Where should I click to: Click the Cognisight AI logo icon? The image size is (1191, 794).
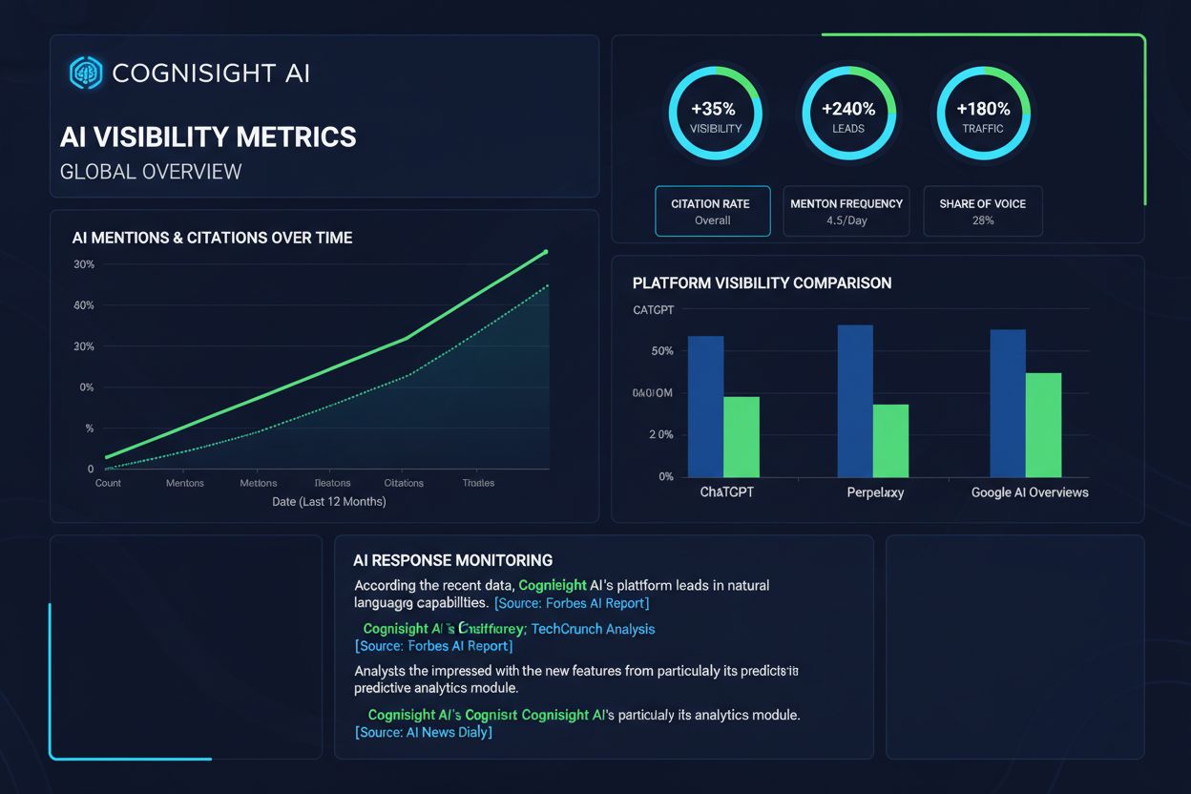pyautogui.click(x=85, y=73)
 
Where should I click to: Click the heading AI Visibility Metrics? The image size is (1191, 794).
pyautogui.click(x=208, y=136)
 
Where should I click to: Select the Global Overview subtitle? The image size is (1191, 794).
pyautogui.click(x=151, y=172)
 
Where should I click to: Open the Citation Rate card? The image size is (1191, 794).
pyautogui.click(x=712, y=211)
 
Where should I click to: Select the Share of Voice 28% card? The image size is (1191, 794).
pyautogui.click(x=982, y=211)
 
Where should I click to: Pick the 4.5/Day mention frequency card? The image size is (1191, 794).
pyautogui.click(x=846, y=211)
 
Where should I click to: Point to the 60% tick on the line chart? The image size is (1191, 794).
pyautogui.click(x=84, y=305)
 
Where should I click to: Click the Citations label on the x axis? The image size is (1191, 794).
pyautogui.click(x=404, y=483)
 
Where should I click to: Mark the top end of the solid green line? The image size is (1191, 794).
pyautogui.click(x=545, y=252)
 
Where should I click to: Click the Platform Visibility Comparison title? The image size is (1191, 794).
pyautogui.click(x=762, y=283)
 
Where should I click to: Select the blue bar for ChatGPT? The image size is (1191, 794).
pyautogui.click(x=705, y=407)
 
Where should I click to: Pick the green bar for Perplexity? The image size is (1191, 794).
pyautogui.click(x=890, y=441)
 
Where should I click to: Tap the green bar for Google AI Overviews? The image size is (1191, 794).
pyautogui.click(x=1043, y=425)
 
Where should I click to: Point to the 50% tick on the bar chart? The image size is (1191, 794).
pyautogui.click(x=662, y=351)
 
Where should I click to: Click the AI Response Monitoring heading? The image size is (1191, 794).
pyautogui.click(x=452, y=560)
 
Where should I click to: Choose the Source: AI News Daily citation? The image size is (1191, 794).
pyautogui.click(x=423, y=732)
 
